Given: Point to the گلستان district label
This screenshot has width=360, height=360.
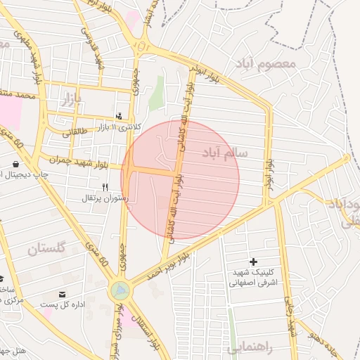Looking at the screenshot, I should pos(47,248).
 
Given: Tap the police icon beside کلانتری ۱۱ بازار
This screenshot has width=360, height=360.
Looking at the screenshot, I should pos(119,116).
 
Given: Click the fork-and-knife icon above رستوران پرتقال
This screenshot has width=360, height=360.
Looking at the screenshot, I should pos(105,187).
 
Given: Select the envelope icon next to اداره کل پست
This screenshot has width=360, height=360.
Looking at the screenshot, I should pos(63,294).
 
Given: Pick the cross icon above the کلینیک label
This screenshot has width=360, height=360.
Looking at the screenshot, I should pos(254,262).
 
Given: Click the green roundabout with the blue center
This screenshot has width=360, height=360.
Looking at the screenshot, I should pos(120,289).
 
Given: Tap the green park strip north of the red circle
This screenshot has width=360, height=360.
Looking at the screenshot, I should pos(155,93).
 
